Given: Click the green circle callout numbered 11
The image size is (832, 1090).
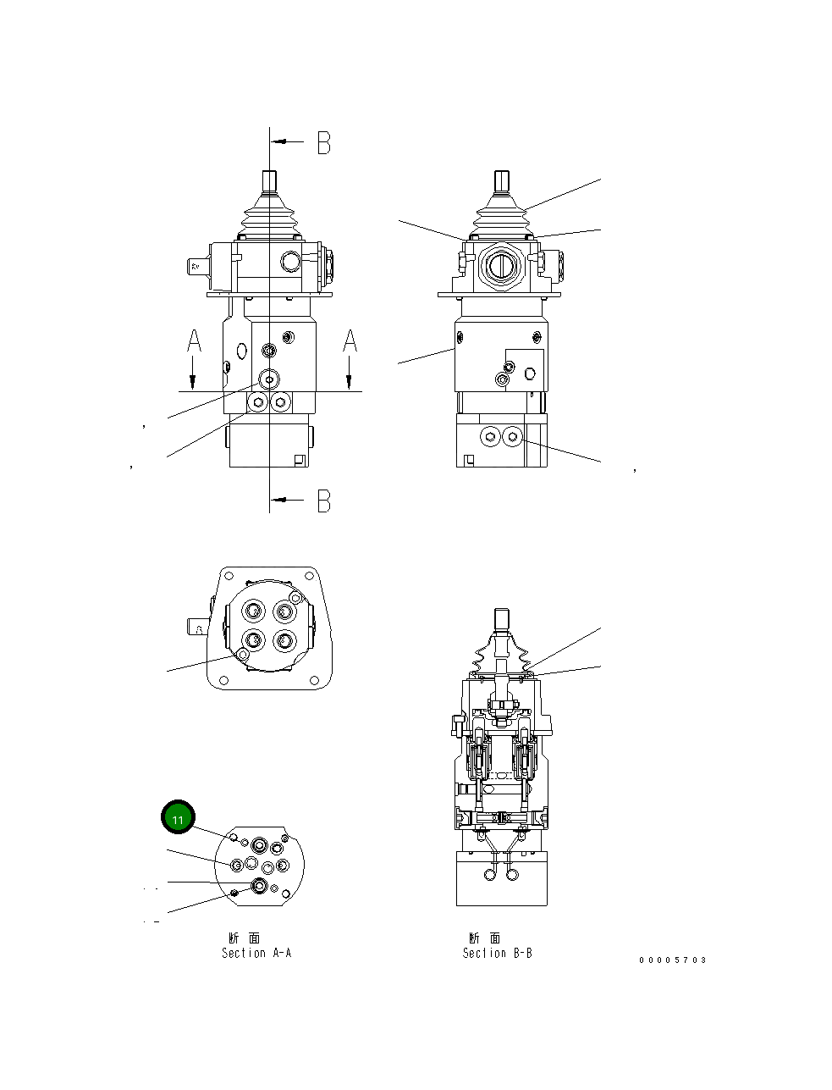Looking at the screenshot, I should [178, 818].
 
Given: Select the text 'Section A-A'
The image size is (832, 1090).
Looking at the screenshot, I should [256, 953].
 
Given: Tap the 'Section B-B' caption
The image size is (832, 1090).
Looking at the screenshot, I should [497, 953].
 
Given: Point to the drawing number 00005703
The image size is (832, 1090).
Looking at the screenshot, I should [672, 960].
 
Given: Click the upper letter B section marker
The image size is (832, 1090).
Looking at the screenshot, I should [323, 143].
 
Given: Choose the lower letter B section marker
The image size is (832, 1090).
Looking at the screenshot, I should [323, 501].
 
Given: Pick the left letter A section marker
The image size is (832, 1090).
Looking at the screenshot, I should [194, 340].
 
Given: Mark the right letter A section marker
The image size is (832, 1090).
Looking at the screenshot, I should [350, 340].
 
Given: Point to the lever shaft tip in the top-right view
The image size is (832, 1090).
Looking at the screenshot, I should [500, 181].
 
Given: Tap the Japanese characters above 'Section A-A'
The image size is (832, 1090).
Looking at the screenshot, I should [245, 938].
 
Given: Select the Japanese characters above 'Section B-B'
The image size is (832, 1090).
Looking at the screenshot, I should [485, 938].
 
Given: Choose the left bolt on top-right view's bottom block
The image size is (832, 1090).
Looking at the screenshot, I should [490, 437].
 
